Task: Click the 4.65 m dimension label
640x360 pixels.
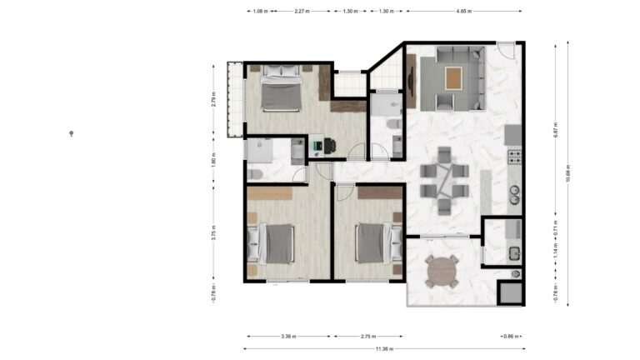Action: click(x=464, y=12)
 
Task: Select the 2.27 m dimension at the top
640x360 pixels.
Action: click(x=302, y=12)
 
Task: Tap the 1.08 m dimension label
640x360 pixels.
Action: click(x=258, y=12)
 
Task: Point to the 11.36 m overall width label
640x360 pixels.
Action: click(x=384, y=349)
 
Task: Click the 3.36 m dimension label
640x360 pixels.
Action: click(x=288, y=337)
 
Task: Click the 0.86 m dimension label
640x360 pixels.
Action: click(x=509, y=337)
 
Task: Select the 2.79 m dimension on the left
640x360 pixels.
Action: click(x=214, y=101)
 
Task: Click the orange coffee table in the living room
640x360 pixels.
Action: click(x=452, y=79)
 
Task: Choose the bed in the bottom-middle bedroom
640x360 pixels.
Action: click(x=372, y=243)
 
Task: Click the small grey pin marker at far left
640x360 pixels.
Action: click(x=72, y=133)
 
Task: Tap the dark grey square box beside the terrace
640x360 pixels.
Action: click(x=509, y=292)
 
